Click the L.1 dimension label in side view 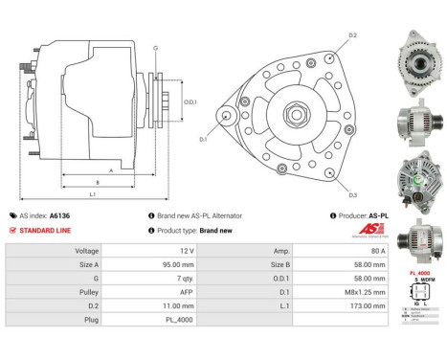[91, 194]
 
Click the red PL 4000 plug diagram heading [418, 273]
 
